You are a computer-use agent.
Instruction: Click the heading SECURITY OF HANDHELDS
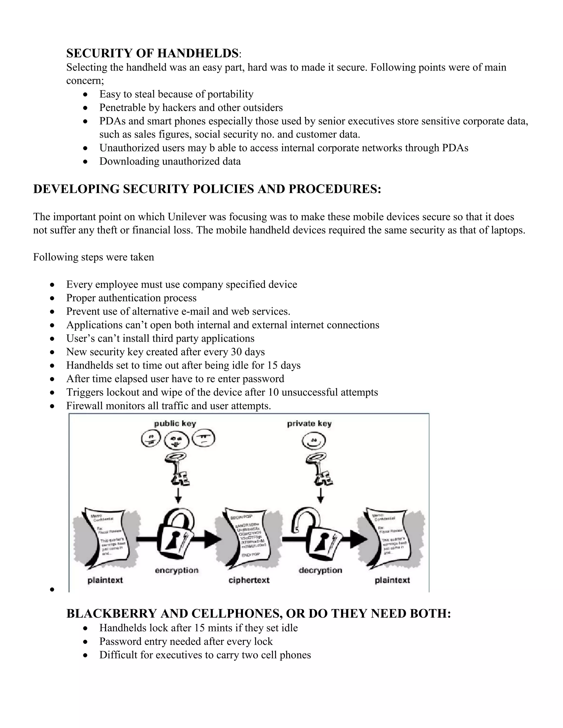(x=152, y=53)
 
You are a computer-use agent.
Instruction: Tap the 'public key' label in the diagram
(x=175, y=424)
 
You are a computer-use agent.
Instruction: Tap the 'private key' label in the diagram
(x=309, y=424)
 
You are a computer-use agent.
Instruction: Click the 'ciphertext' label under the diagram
(x=249, y=580)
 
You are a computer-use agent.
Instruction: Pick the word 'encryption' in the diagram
(x=176, y=570)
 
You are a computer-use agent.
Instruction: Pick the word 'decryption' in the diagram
(x=320, y=570)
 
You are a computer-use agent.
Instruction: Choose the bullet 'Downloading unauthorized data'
(x=170, y=161)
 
